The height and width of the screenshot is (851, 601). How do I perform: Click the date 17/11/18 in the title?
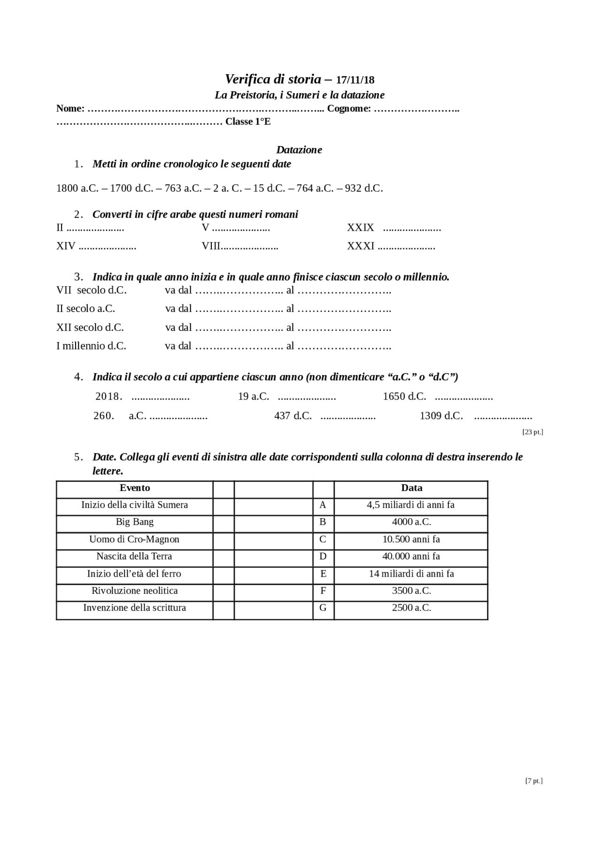[x=355, y=80]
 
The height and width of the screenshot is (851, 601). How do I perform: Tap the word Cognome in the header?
[x=348, y=109]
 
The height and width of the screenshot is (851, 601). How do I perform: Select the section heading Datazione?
[x=299, y=150]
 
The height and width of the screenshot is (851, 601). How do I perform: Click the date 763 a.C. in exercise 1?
[x=183, y=188]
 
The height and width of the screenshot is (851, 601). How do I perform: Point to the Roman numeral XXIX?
[x=361, y=228]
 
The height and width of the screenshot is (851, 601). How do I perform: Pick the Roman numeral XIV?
[x=66, y=246]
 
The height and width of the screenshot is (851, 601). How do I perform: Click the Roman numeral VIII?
[x=211, y=246]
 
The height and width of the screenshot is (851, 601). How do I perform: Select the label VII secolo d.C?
[x=92, y=290]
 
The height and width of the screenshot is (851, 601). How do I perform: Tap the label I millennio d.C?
[x=91, y=346]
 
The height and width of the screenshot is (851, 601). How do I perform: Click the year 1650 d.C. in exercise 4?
[x=404, y=397]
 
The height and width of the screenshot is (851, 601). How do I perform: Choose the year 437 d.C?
[x=293, y=416]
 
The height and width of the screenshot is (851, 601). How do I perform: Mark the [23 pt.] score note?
[x=532, y=432]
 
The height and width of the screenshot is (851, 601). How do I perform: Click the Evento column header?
[x=135, y=488]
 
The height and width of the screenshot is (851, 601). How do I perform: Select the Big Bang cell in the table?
[x=135, y=522]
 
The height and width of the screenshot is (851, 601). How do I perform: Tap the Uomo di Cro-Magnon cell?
[x=134, y=539]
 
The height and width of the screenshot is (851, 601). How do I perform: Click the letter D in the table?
[x=323, y=557]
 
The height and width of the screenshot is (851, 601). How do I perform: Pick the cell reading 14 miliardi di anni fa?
[x=411, y=574]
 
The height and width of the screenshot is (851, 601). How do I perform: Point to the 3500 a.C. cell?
[x=411, y=591]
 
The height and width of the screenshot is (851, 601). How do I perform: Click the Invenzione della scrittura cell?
[x=135, y=608]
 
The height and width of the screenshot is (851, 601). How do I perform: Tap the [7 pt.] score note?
[x=533, y=781]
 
